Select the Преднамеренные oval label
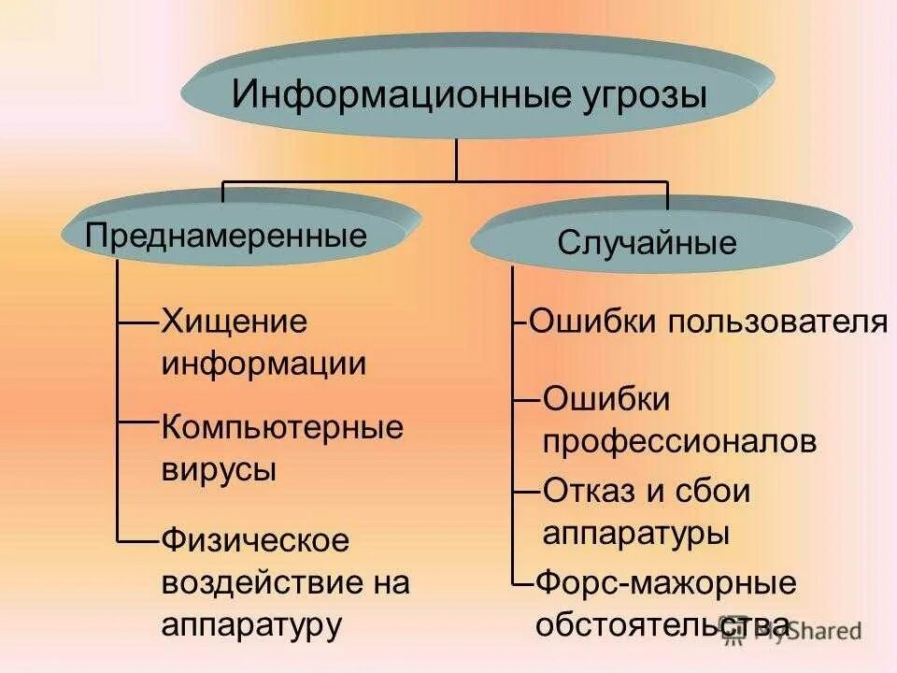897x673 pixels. click(226, 235)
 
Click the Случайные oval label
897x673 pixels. click(648, 244)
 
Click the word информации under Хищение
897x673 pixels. click(264, 364)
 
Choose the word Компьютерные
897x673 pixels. click(282, 427)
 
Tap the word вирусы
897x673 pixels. click(219, 468)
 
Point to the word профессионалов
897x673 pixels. click(679, 440)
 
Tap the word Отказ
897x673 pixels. click(586, 492)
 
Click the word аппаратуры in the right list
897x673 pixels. click(635, 534)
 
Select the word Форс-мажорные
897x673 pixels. click(665, 583)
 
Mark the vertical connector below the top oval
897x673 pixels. click(456, 159)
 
